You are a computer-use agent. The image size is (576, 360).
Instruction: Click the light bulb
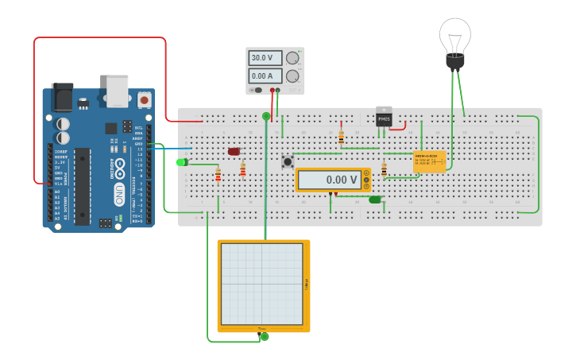454,40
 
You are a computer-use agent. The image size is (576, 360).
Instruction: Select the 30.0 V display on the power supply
263,58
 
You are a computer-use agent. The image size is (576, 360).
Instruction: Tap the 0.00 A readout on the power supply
263,76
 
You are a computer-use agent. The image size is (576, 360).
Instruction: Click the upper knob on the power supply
292,58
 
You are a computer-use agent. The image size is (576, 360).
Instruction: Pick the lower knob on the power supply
292,76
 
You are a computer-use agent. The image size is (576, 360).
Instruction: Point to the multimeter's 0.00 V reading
330,180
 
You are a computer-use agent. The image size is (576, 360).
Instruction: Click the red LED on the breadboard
234,151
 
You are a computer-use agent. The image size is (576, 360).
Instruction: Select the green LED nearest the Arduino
182,162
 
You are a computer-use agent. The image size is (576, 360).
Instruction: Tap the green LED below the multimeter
375,199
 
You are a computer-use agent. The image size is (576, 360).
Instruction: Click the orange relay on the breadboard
429,161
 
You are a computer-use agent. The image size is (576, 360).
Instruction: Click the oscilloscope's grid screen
261,283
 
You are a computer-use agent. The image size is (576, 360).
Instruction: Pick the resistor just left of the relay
384,169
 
